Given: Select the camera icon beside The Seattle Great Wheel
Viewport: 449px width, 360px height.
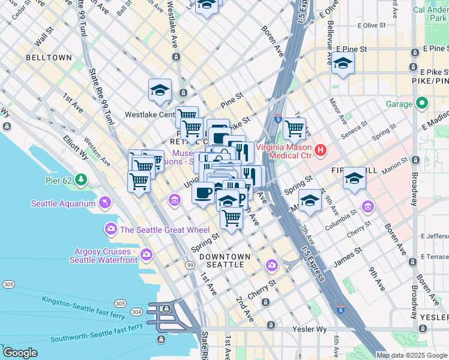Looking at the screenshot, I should click(x=110, y=229).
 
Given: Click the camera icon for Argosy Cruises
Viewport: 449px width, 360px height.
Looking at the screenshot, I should click(x=146, y=256).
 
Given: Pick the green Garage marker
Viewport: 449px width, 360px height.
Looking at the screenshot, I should click(x=422, y=103).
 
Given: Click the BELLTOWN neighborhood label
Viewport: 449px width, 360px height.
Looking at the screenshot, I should click(x=49, y=58).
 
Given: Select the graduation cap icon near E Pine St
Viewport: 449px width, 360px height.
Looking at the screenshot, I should click(x=343, y=63).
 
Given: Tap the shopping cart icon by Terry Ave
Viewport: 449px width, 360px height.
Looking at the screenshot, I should click(x=294, y=127).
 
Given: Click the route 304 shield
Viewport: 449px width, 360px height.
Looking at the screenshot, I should click(x=136, y=311).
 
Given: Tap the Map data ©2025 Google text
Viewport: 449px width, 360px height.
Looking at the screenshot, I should click(x=412, y=355).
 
